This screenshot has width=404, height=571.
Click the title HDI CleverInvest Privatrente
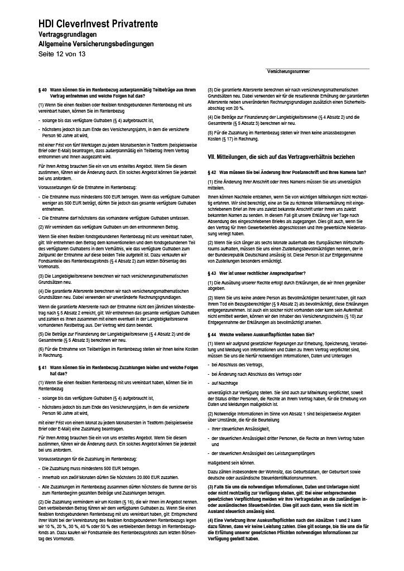pos(98,23)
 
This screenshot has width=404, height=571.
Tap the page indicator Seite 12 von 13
pos(62,54)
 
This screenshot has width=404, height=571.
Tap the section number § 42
pos(212,173)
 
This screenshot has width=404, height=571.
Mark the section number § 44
pos(212,334)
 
